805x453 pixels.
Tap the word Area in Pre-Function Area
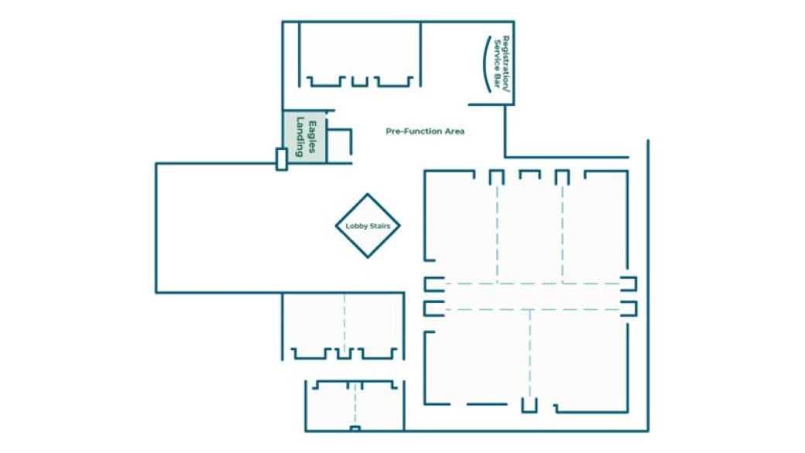click(454, 131)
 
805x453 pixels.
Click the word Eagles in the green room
click(312, 137)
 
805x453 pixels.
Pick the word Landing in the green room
click(300, 137)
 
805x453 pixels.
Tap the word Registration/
click(505, 64)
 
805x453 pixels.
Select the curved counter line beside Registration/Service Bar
click(483, 64)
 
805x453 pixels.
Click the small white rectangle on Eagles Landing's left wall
click(281, 158)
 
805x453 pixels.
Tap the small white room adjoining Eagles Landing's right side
click(339, 146)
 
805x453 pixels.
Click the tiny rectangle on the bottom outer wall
click(355, 428)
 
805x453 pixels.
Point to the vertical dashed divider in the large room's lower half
click(529, 353)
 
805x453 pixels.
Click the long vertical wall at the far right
click(648, 285)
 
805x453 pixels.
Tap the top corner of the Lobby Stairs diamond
click(368, 194)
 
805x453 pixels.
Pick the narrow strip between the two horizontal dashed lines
click(531, 297)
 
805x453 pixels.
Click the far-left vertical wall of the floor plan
click(156, 228)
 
